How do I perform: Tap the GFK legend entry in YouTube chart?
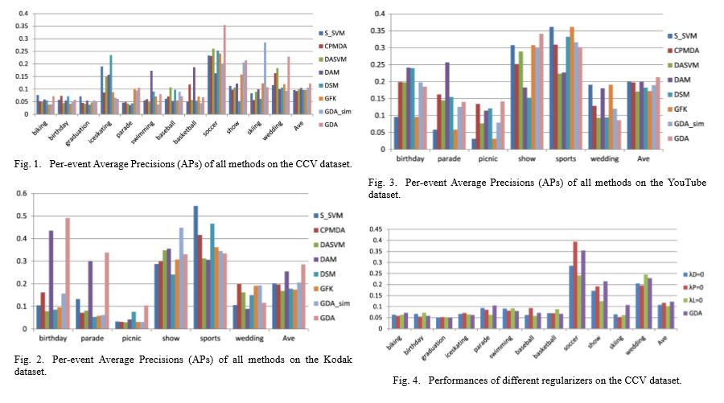pos(683,105)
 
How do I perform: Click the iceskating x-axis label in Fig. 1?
pos(104,134)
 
